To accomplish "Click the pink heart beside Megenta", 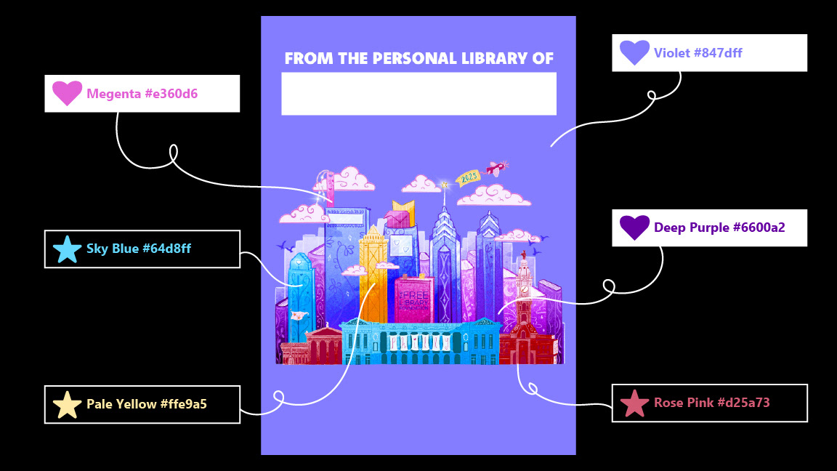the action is click(x=67, y=93).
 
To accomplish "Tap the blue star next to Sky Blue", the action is click(x=67, y=249).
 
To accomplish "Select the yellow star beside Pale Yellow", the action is click(x=67, y=405).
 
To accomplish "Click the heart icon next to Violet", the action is click(x=634, y=52).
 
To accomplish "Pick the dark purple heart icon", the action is click(x=634, y=228).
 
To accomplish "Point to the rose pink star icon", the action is click(x=634, y=403).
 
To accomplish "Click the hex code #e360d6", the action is click(x=171, y=94).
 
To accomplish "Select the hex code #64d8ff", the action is click(x=166, y=249).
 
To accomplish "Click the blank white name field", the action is click(x=418, y=93).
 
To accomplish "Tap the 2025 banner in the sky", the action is click(x=467, y=177).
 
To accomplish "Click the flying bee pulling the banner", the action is click(x=496, y=169).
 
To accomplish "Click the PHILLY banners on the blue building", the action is click(x=420, y=342).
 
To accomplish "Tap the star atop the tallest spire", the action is click(x=444, y=185).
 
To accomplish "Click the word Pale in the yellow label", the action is click(x=99, y=404).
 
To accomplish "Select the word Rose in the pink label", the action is click(x=668, y=403).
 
